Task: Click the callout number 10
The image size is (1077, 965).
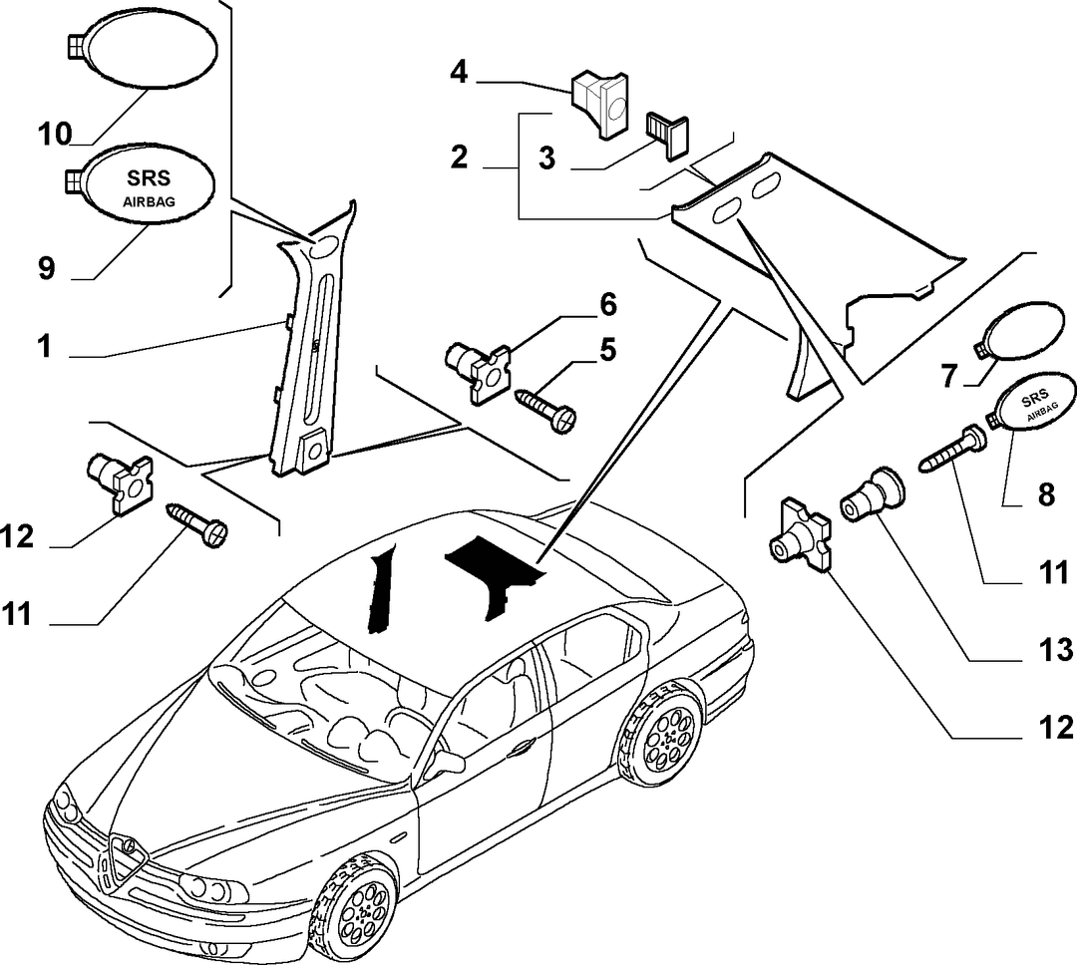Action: (55, 134)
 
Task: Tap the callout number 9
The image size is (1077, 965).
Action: (46, 268)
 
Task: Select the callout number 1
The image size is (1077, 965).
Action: (45, 346)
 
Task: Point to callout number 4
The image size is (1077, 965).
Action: (459, 72)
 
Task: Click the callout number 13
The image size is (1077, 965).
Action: (1054, 650)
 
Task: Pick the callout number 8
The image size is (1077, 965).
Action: (1046, 493)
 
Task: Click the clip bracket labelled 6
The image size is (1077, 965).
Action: (478, 370)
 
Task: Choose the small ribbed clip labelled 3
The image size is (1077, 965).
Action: (667, 136)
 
